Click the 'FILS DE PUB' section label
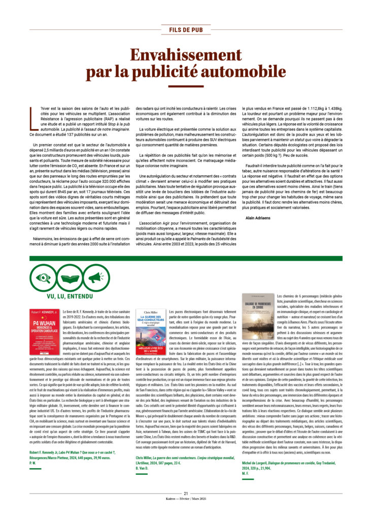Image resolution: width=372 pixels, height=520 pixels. [186, 29]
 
